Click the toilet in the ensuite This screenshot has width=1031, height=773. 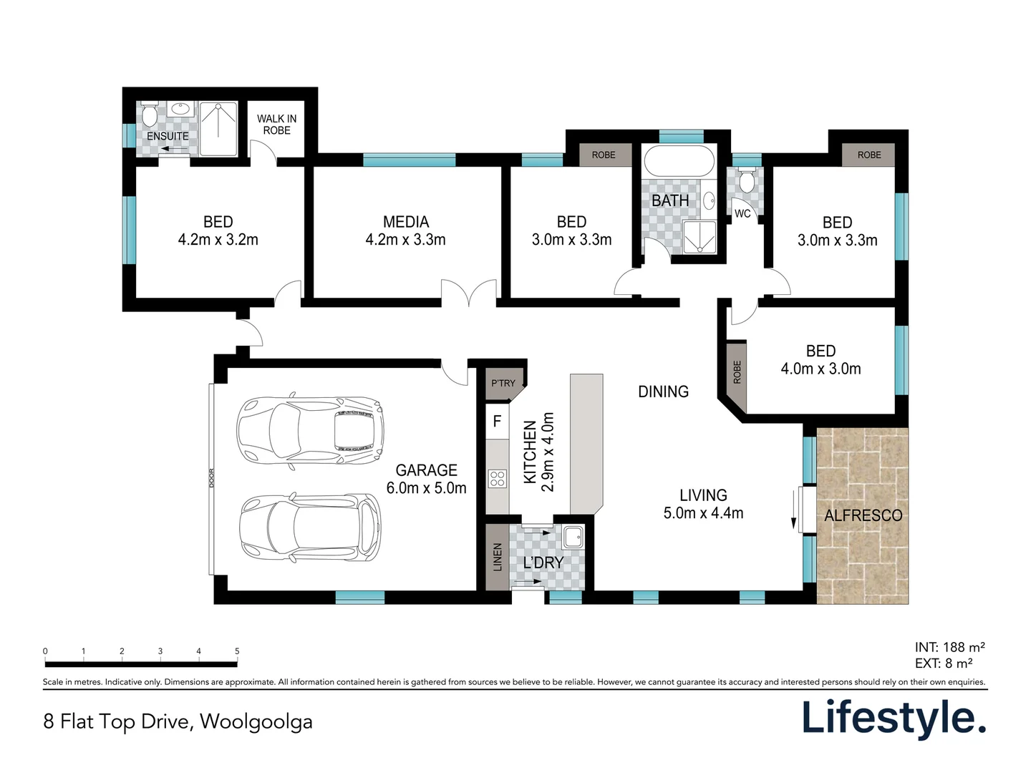[x=149, y=114]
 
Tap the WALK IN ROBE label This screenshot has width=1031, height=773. [x=276, y=125]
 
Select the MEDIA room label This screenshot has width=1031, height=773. [x=406, y=222]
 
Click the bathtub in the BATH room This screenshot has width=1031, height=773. [x=679, y=161]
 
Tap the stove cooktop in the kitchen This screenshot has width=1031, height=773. [x=498, y=479]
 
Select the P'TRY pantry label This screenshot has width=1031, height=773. [x=503, y=383]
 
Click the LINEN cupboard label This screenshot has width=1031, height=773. [x=498, y=557]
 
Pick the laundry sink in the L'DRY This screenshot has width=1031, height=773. [x=573, y=537]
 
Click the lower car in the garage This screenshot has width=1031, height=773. [x=310, y=527]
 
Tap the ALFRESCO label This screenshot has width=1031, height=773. [x=863, y=516]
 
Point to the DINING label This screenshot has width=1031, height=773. [x=663, y=392]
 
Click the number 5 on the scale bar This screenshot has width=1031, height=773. [x=237, y=651]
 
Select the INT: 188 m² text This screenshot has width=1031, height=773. [x=950, y=647]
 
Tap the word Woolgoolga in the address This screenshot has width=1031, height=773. [x=256, y=722]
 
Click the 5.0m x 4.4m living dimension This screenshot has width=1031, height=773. [x=703, y=513]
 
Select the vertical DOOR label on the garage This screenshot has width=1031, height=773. [x=211, y=478]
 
